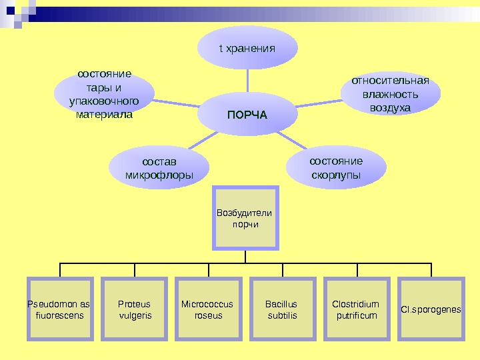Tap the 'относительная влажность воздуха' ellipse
[x=391, y=94]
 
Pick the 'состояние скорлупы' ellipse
[x=337, y=168]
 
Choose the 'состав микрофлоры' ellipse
[x=159, y=168]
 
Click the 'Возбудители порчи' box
[x=245, y=219]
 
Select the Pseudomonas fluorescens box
[x=60, y=309]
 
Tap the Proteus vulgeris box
[x=134, y=309]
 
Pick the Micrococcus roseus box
[x=209, y=309]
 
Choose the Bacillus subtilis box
[x=283, y=309]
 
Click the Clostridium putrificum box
[x=357, y=309]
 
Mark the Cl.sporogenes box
[x=431, y=309]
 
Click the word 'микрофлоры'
[x=159, y=175]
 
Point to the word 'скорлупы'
[x=337, y=175]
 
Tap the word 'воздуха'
[x=391, y=107]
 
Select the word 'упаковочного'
[x=105, y=101]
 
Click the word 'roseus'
[x=209, y=315]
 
